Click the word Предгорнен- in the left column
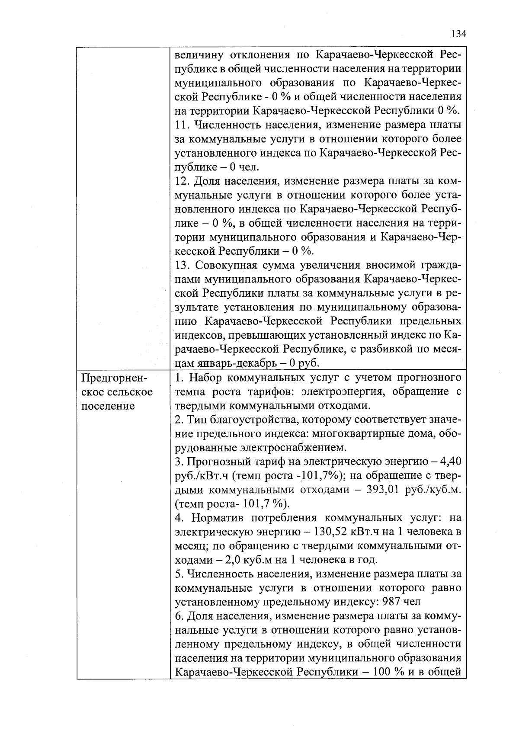tap(114, 378)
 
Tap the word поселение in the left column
tap(108, 406)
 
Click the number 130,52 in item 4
tap(332, 532)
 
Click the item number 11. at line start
tap(183, 125)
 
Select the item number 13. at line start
tap(183, 265)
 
